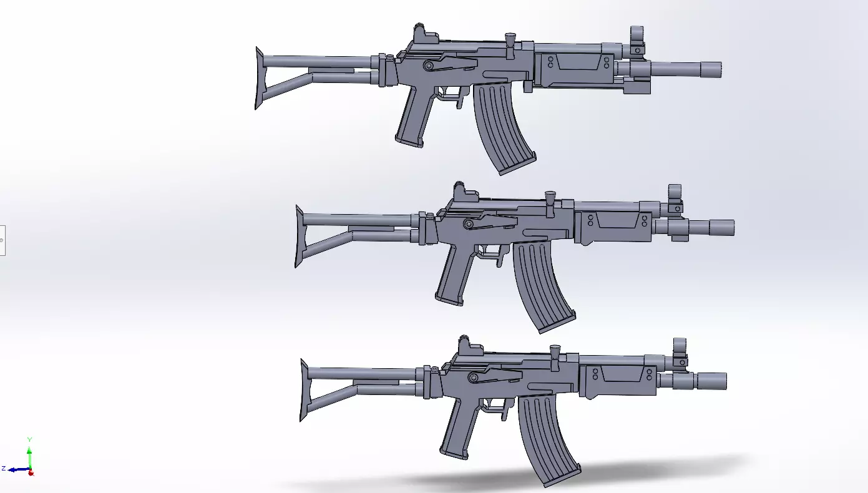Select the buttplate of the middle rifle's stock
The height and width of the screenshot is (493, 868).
click(299, 237)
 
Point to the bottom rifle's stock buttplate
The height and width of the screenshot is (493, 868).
click(304, 390)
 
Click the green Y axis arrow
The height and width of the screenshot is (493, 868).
click(29, 448)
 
